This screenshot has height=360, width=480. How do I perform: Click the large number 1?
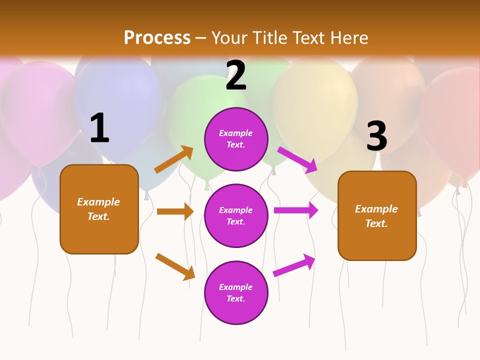coord(99,128)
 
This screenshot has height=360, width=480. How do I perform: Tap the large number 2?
coord(236,75)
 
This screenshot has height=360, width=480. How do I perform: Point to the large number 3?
coord(376,136)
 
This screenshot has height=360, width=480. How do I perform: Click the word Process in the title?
coord(157,37)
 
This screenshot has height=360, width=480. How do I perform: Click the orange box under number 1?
coord(99,209)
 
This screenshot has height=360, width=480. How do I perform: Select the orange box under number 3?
coord(377,216)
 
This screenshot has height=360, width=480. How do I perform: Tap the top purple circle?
coord(236,139)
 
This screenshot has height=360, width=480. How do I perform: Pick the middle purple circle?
coord(236,215)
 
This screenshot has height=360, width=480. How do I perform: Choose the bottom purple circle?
coord(236,292)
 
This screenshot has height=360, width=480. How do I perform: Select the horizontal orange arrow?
coord(175,211)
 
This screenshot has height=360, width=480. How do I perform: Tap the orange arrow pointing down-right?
coord(175,266)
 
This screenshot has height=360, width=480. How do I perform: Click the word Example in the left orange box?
coord(98,202)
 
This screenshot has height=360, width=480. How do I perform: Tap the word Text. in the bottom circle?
coord(236,298)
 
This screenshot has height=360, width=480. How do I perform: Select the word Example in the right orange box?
coord(376,209)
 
